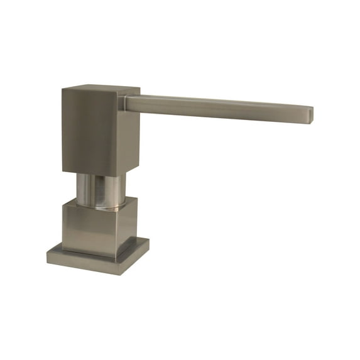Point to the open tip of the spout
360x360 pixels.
(311, 114)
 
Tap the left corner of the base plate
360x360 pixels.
(48, 254)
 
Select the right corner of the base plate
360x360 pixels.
(149, 242)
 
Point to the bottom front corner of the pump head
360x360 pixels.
(116, 172)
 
